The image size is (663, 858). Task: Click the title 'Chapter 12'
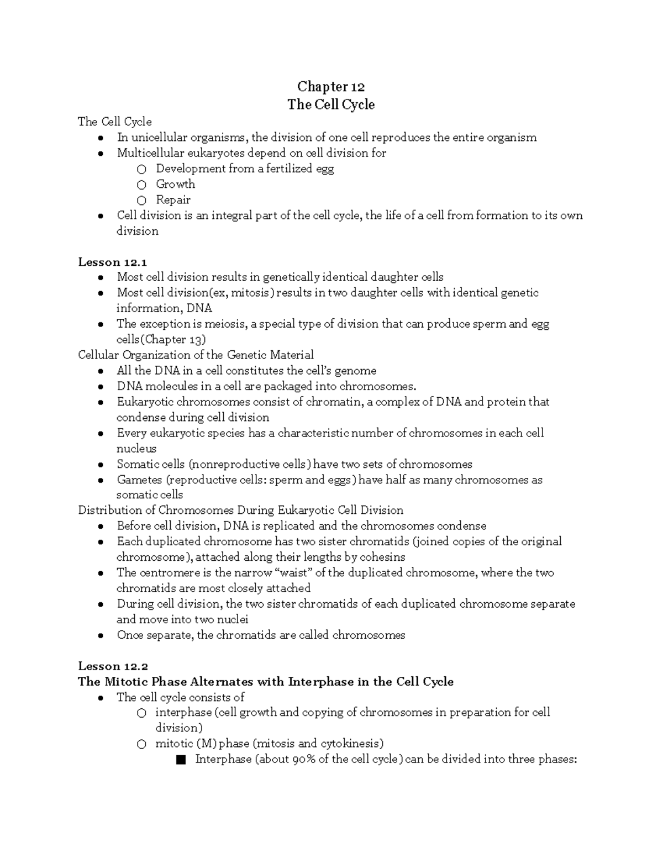click(x=331, y=87)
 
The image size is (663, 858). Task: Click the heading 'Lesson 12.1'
click(x=112, y=262)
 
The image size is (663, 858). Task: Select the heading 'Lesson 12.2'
click(x=113, y=666)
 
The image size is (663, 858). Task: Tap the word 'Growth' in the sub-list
click(x=175, y=184)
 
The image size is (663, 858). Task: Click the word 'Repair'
click(x=173, y=199)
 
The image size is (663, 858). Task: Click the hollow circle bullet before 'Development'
click(x=142, y=169)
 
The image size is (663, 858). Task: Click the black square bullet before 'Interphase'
click(x=181, y=760)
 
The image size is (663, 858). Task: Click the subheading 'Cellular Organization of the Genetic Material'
click(x=196, y=355)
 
